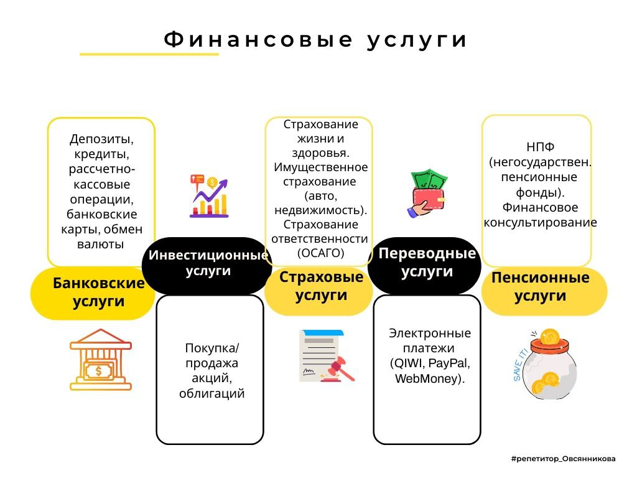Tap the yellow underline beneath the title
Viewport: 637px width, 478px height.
149,55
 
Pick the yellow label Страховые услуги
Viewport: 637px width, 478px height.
320,286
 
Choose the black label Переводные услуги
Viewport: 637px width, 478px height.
426,263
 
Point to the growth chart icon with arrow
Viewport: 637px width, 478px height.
209,196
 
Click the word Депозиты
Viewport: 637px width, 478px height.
101,138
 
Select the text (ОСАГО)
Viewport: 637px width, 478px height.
320,253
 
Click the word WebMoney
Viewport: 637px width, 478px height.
429,379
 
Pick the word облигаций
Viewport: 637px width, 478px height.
212,393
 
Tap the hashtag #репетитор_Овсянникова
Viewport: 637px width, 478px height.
563,459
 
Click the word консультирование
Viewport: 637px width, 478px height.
540,222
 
